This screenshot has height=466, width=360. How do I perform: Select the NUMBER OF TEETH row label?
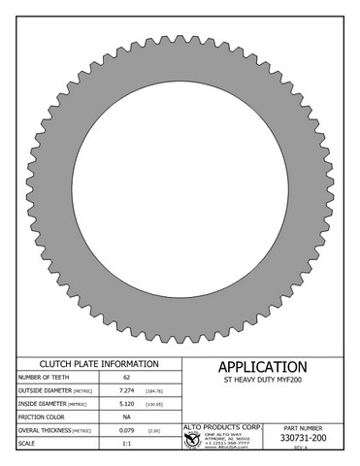pos(43,377)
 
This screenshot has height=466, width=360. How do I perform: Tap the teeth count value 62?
pos(126,377)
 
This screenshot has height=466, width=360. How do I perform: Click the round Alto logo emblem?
pos(193,440)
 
